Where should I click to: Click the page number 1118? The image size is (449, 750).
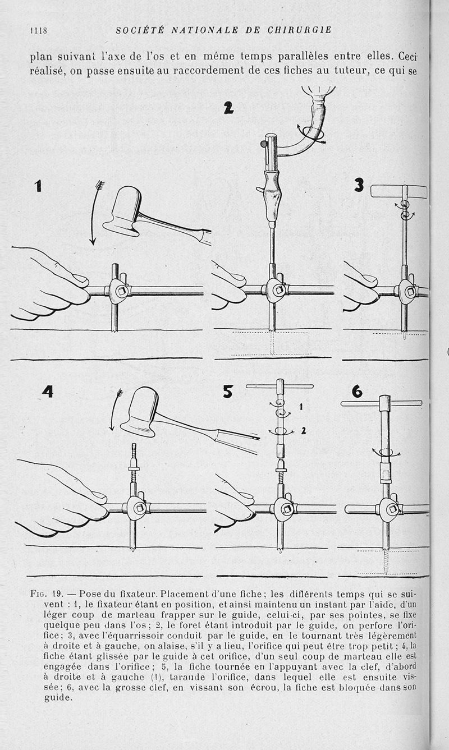(x=38, y=30)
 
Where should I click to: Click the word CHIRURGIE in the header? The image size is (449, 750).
(x=301, y=30)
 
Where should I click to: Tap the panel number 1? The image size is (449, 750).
(x=38, y=185)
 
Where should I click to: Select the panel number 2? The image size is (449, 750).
(x=228, y=109)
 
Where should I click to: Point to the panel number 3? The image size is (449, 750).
(x=359, y=185)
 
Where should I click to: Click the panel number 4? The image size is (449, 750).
(x=47, y=391)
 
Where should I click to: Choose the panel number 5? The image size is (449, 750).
(x=227, y=391)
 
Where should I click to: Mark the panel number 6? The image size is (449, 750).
(x=357, y=390)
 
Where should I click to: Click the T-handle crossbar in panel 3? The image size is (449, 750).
(x=398, y=191)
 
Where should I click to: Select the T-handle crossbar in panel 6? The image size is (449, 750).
(x=382, y=403)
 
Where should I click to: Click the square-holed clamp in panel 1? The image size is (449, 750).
(x=119, y=291)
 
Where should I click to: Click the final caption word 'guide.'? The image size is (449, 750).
(x=58, y=698)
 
